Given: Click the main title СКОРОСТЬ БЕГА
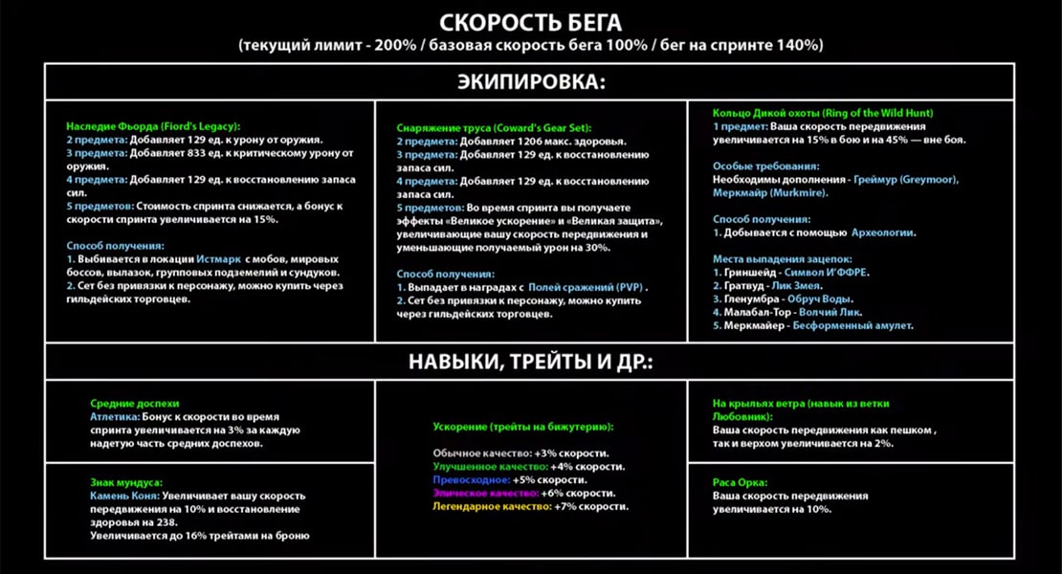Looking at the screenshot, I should click(x=530, y=22).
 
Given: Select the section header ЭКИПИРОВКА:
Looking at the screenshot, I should click(x=530, y=82).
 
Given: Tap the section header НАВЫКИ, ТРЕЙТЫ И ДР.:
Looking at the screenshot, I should click(x=530, y=362).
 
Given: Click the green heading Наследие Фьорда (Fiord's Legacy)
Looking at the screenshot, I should click(x=153, y=126).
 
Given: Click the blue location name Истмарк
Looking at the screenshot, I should click(x=219, y=259).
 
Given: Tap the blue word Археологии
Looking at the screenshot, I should click(x=884, y=232).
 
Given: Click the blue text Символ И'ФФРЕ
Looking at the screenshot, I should click(x=826, y=273).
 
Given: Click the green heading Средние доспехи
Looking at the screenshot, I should click(x=135, y=404).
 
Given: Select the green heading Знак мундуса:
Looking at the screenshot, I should click(x=126, y=482).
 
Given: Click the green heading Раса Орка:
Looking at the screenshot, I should click(x=741, y=482).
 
